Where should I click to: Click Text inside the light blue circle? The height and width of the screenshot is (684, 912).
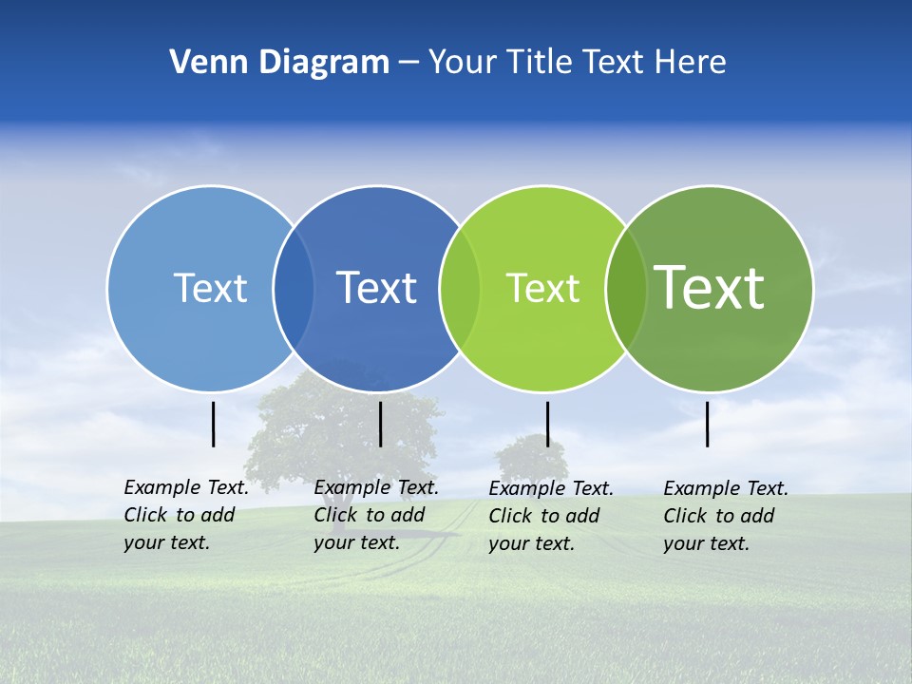point(210,288)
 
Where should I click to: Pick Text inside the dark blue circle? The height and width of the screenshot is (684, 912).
point(377,288)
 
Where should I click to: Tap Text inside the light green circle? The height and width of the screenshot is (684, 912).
point(542,288)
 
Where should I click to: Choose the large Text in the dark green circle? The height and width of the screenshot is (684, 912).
point(710,287)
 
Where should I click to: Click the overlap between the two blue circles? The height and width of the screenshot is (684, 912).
point(294,288)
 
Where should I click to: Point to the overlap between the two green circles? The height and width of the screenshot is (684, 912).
point(626,288)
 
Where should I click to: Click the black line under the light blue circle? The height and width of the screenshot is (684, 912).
point(214,424)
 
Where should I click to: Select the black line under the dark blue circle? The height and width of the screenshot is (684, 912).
point(380,424)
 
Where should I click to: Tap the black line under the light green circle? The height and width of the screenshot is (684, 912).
point(547,424)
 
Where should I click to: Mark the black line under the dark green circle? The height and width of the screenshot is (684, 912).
point(708,424)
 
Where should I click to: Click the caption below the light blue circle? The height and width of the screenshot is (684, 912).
point(185,515)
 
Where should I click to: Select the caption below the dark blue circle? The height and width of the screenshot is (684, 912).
point(375,515)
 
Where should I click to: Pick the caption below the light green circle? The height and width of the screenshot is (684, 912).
point(550,516)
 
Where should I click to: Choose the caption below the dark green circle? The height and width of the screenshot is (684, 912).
point(725,516)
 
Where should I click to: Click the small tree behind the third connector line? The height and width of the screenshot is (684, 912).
point(530,458)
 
